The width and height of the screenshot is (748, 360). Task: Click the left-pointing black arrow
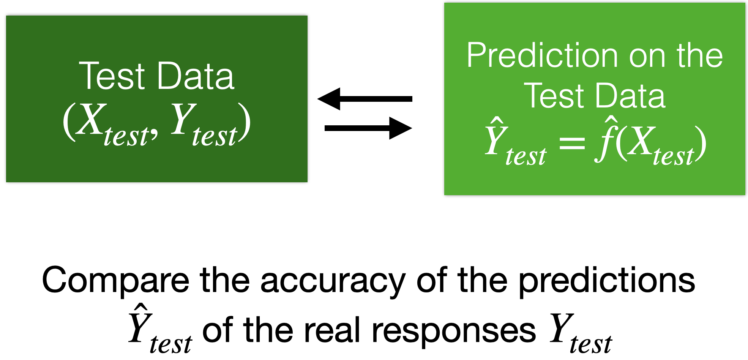(x=365, y=99)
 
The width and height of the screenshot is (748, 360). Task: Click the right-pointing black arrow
(x=368, y=128)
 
